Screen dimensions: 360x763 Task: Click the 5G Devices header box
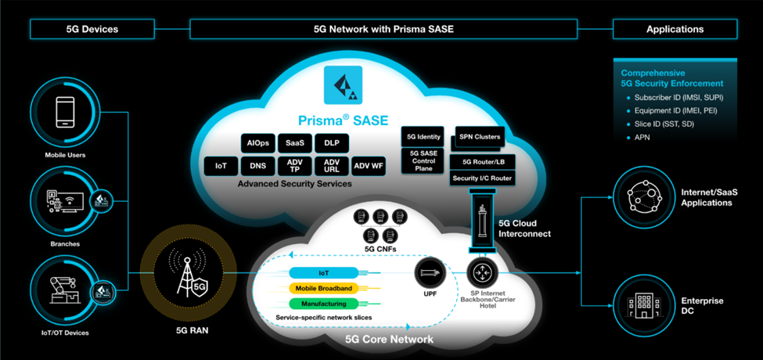92,30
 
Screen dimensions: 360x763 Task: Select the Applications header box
675,30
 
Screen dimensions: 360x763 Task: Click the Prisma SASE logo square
343,86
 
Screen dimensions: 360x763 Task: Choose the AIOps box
257,144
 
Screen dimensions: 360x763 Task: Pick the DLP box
331,144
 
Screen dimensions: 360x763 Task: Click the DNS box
257,166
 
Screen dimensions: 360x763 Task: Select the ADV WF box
368,166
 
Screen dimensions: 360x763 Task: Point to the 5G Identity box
423,137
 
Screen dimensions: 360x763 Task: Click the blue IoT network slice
323,273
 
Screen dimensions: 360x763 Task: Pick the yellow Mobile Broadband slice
323,288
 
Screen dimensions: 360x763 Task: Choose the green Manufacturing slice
323,304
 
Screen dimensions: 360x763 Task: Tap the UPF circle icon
430,273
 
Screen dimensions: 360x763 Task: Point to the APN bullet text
641,138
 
